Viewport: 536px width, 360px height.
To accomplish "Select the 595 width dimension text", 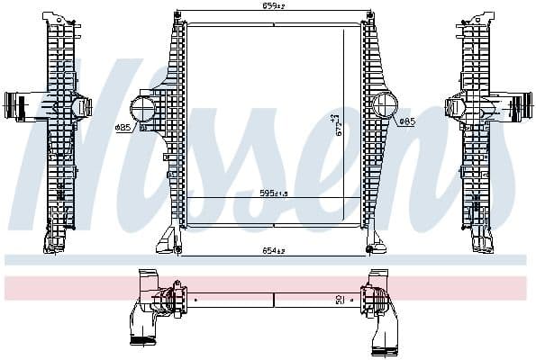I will pos(274,192).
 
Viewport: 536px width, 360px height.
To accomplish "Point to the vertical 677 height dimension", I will pos(336,123).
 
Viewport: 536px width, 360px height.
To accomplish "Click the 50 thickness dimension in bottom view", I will pos(338,300).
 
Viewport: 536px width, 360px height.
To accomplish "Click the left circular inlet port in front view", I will pos(144,109).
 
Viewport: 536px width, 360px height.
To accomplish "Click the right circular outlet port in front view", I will pos(385,107).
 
